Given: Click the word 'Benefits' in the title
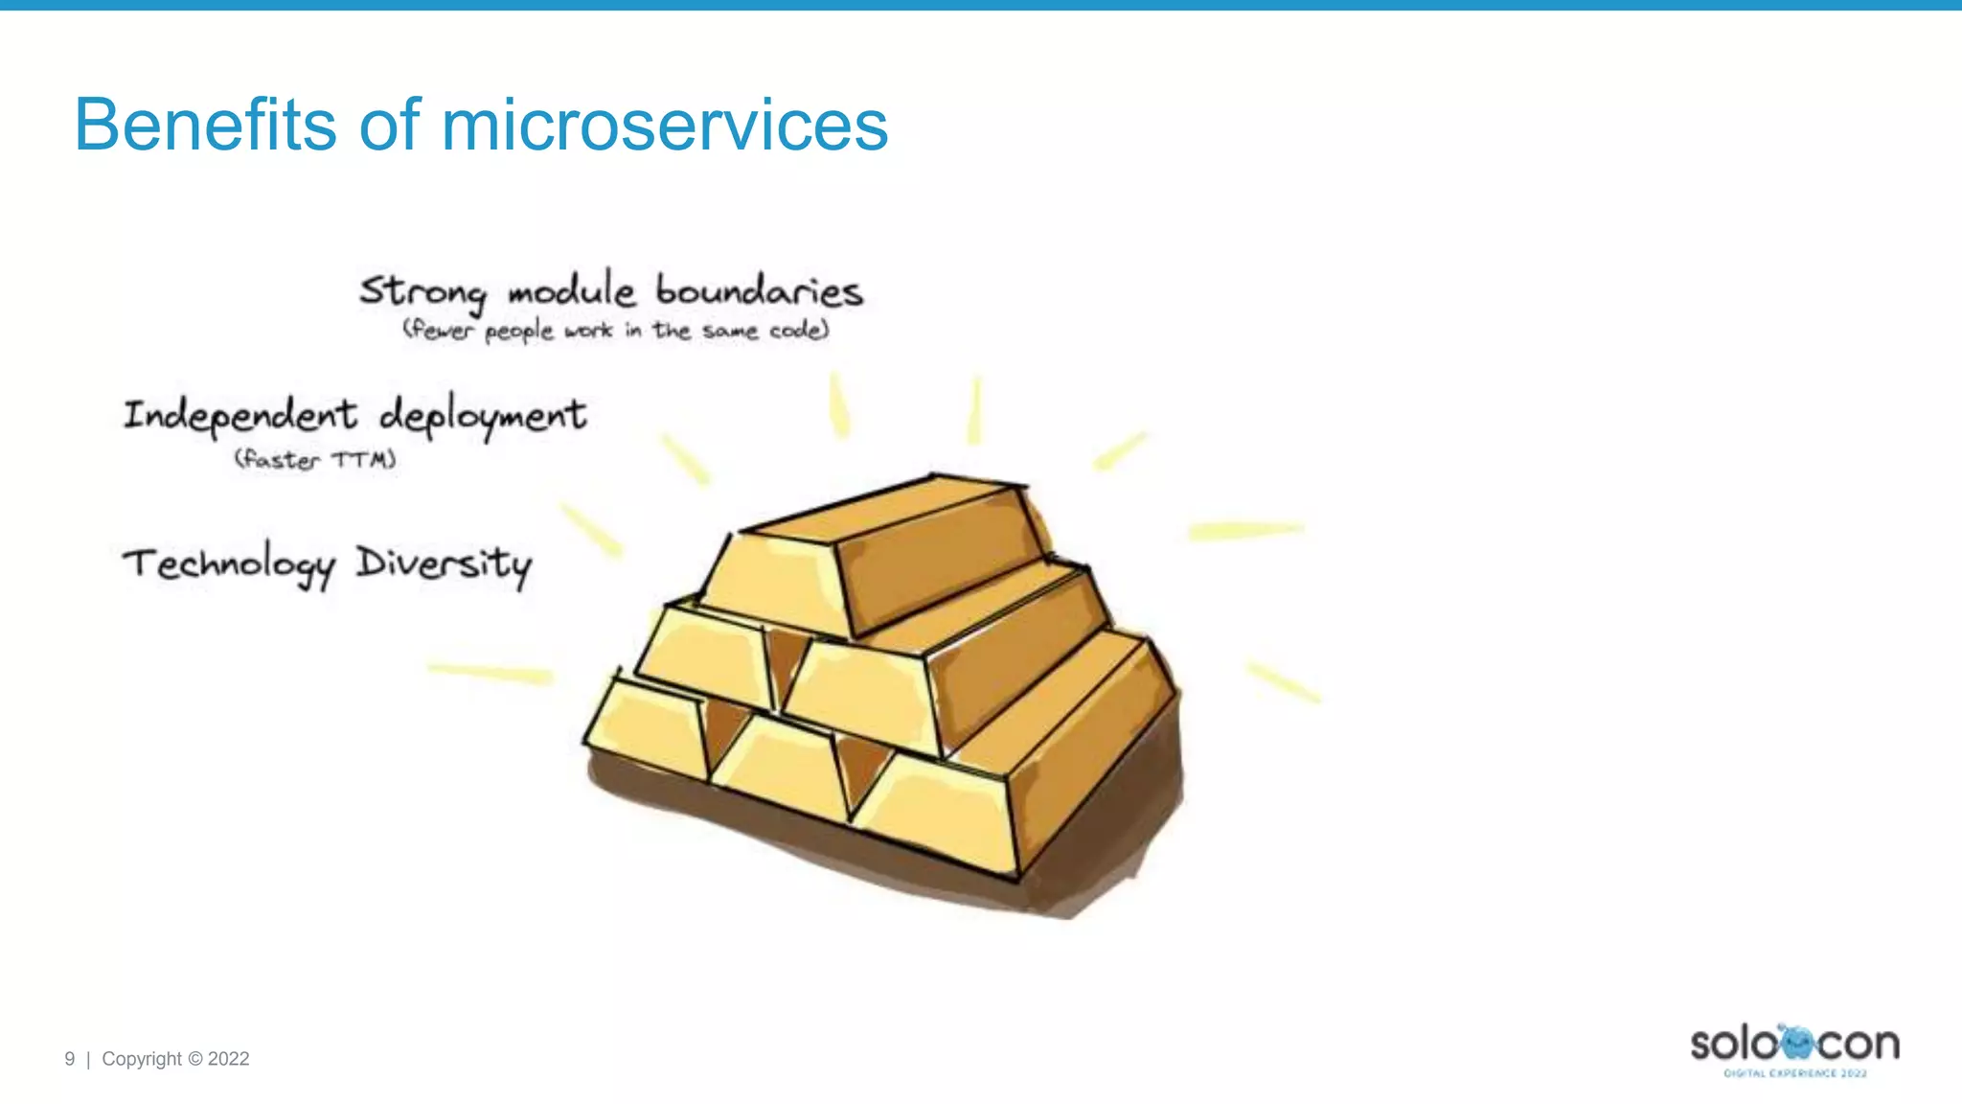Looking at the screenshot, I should point(205,125).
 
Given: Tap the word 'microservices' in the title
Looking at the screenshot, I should point(664,125).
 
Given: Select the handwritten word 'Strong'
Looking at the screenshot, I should point(422,291).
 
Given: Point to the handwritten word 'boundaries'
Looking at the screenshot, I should point(759,291).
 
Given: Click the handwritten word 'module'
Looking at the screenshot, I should point(571,291).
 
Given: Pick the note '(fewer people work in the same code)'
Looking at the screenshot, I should point(615,331).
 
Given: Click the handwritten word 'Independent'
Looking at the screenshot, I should point(240,416).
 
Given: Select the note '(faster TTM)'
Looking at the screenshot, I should point(315,460).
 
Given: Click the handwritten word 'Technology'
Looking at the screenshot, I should point(229,564).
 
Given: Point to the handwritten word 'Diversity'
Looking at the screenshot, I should point(444,564).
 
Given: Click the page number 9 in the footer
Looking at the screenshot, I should point(69,1059).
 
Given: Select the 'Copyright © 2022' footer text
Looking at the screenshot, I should point(175,1059).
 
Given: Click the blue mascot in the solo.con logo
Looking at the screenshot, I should point(1795,1042).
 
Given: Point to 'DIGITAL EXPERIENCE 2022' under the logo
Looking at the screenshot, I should point(1795,1073).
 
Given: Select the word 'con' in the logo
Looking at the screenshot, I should point(1859,1045).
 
